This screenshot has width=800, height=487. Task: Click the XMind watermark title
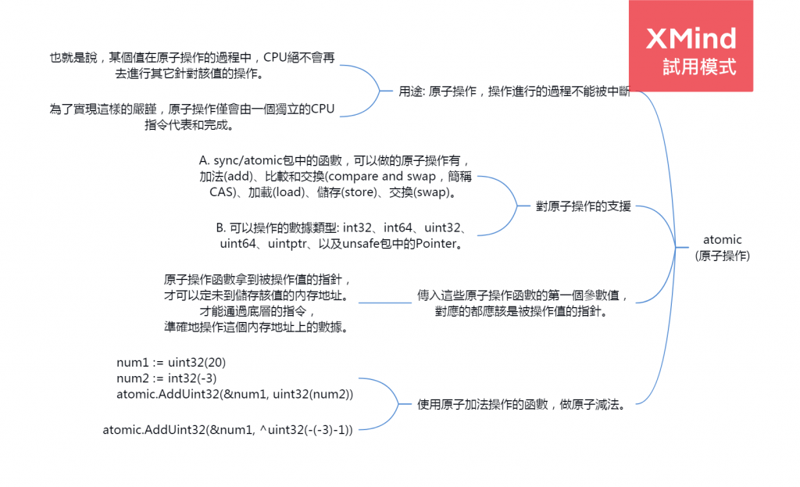691,38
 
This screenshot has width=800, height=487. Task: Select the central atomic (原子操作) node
722,247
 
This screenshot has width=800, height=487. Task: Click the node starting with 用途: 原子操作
514,91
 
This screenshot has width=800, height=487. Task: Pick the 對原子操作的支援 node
583,207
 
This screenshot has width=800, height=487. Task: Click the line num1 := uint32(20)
170,362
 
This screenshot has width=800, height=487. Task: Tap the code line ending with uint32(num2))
235,394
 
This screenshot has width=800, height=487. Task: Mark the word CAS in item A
223,192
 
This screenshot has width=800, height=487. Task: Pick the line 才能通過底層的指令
258,311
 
